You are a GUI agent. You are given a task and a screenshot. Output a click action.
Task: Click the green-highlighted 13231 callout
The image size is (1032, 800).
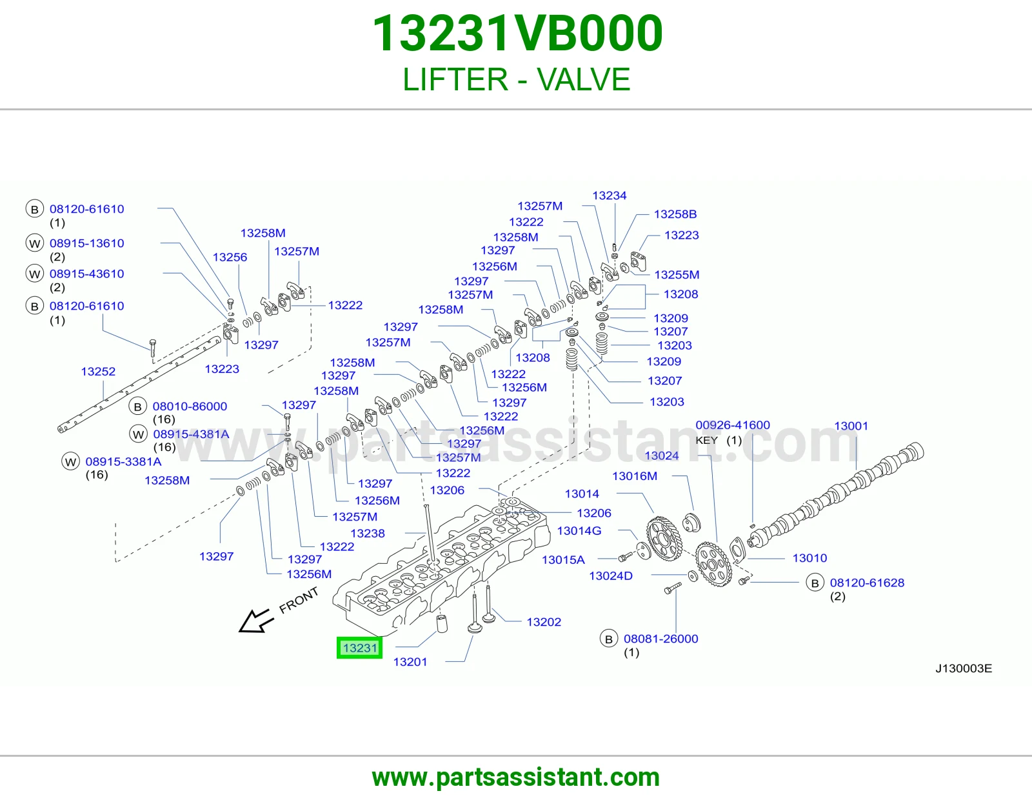point(359,648)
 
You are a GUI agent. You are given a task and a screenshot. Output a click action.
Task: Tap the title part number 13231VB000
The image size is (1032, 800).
point(517,34)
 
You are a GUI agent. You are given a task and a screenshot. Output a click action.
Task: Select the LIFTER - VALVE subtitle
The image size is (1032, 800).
point(516,79)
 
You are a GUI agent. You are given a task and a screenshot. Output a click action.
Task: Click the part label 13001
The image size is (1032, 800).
point(851,426)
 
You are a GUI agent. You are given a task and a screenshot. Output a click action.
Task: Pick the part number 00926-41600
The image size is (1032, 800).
point(733,425)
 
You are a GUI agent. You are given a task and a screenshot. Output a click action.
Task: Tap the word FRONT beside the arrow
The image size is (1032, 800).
point(298,601)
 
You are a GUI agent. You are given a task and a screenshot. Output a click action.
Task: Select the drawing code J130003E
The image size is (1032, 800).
point(964,668)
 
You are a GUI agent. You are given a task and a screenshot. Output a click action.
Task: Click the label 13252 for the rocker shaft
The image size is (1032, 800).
point(98,371)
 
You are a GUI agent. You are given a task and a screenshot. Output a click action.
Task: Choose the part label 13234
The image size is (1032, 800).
point(610,195)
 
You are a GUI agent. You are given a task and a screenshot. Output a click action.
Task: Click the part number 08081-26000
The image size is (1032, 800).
point(661,639)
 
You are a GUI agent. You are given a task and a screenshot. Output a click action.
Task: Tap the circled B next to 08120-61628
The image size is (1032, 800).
point(815,583)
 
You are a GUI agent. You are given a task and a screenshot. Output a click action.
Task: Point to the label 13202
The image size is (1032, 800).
point(544,622)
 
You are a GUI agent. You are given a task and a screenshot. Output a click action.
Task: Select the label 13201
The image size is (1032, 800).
point(410,662)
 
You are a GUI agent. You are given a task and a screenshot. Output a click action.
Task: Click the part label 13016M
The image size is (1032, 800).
point(635,476)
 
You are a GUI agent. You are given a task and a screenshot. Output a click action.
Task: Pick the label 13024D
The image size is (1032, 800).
point(611,575)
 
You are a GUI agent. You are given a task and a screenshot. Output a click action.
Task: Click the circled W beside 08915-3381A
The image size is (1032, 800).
point(71,461)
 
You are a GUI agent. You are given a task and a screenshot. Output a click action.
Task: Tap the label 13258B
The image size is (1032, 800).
point(675,214)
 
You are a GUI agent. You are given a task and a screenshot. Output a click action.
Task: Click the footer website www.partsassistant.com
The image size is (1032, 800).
point(516,777)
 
